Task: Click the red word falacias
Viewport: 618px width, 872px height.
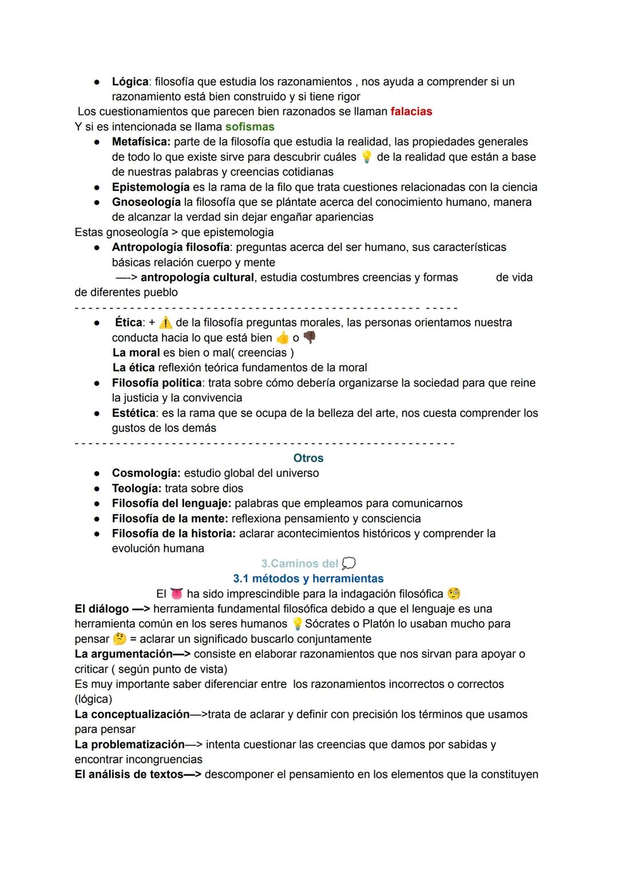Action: [x=411, y=112]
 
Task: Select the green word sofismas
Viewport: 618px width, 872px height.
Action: [x=249, y=127]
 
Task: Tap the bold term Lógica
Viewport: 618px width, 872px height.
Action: [x=130, y=82]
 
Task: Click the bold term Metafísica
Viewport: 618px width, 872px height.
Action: [x=141, y=142]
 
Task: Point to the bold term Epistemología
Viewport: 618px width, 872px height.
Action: [x=150, y=187]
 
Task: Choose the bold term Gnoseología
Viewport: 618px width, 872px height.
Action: [x=146, y=202]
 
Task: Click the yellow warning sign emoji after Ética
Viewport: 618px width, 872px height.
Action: [x=165, y=322]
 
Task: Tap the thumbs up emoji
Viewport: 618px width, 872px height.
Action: [x=282, y=338]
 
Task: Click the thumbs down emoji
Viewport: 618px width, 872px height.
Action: [x=309, y=338]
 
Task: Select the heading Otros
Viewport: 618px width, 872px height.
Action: [x=308, y=458]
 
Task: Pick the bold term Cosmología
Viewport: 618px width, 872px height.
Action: [x=146, y=473]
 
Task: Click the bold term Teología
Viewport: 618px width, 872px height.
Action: [x=136, y=488]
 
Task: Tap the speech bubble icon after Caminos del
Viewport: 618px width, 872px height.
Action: [x=348, y=564]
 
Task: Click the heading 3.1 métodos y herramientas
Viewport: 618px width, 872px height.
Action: [x=308, y=579]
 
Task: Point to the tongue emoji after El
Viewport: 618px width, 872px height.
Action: [x=176, y=594]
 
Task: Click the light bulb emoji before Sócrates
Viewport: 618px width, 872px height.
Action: [x=297, y=624]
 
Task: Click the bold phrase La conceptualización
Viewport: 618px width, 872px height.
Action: [x=132, y=714]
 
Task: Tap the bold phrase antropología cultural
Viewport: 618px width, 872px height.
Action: [x=197, y=277]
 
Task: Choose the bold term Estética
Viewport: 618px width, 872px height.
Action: [x=133, y=413]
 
